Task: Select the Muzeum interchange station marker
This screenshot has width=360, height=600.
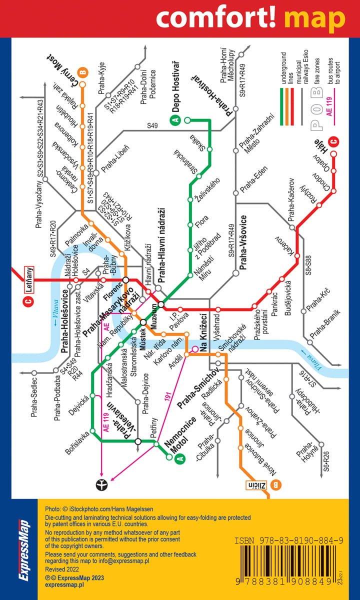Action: (161, 304)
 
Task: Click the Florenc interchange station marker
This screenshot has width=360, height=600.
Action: (126, 280)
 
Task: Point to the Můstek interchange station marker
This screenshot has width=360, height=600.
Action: (143, 322)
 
